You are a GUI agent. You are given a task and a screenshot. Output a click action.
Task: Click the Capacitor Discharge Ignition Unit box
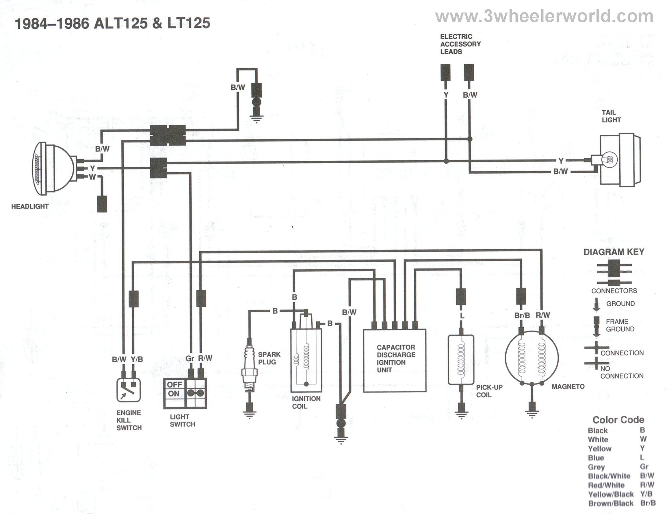click(394, 360)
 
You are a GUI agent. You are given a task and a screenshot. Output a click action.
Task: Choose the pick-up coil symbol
click(461, 359)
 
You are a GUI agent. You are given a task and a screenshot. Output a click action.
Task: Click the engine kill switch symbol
click(129, 390)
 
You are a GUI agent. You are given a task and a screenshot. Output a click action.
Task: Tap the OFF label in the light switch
click(174, 384)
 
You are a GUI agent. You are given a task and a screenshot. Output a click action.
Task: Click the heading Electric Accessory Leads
click(460, 44)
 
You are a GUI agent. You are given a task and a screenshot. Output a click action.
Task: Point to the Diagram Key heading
click(614, 252)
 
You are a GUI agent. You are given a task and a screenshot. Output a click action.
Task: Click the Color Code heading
click(618, 420)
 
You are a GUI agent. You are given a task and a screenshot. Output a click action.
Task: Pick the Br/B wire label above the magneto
click(522, 315)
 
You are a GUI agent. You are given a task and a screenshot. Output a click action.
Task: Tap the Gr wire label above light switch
click(190, 358)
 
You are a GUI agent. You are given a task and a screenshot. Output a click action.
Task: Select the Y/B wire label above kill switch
click(137, 359)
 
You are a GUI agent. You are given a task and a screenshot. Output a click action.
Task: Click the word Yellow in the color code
click(599, 449)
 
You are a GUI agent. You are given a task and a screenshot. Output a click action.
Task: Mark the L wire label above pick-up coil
click(462, 316)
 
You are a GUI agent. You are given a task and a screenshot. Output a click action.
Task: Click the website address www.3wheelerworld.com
click(544, 16)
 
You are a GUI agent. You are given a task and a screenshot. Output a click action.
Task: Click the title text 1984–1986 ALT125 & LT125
click(112, 23)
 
